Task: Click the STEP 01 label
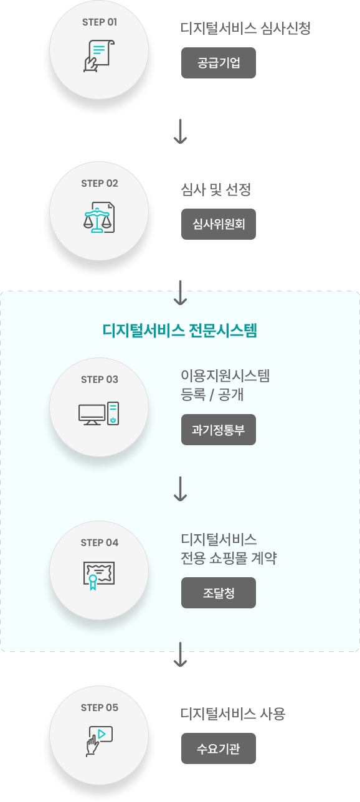(100, 22)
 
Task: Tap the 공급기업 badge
(219, 63)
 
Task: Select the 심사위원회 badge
(219, 224)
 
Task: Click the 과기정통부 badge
(219, 430)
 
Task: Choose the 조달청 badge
(219, 593)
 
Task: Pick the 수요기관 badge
(219, 748)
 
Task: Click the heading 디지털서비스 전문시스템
(180, 330)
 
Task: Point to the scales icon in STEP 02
(99, 217)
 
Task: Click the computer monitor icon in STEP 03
(92, 415)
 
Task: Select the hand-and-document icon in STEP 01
(99, 56)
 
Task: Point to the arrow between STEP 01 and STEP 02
(180, 131)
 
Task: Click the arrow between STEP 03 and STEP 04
(180, 489)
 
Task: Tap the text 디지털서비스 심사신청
(245, 28)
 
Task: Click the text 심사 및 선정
(216, 189)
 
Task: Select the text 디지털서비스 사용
(233, 714)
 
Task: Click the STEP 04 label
(100, 543)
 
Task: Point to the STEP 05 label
(100, 707)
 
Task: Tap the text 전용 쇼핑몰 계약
(229, 558)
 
